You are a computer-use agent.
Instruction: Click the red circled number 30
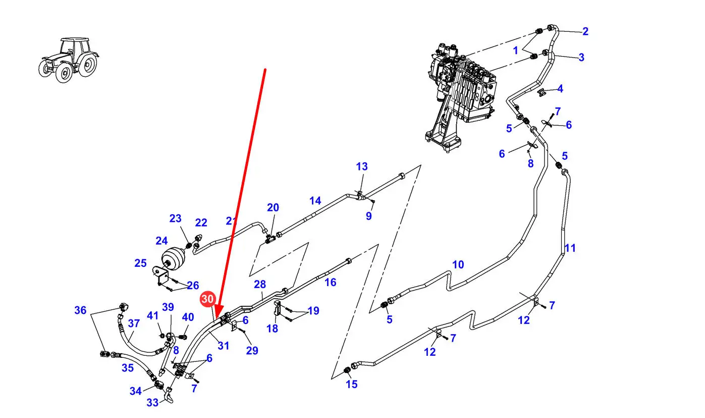[207, 299]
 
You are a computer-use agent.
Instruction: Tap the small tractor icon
[69, 60]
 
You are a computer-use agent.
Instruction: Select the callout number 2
[585, 31]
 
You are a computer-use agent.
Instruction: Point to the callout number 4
[560, 89]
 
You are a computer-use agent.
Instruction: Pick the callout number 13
[362, 166]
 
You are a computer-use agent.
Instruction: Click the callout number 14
[315, 201]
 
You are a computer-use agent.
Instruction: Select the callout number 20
[273, 207]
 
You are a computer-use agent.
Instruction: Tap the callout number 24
[161, 241]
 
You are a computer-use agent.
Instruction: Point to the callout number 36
[80, 310]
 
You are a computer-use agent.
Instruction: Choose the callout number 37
[133, 323]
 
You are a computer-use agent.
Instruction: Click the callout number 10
[457, 264]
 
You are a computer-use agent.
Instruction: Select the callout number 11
[570, 248]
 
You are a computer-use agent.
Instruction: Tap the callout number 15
[351, 384]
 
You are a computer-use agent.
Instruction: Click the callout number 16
[330, 282]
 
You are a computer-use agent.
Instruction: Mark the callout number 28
[259, 285]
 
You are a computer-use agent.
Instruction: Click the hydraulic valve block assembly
[461, 91]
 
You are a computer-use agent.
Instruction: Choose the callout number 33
[152, 402]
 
